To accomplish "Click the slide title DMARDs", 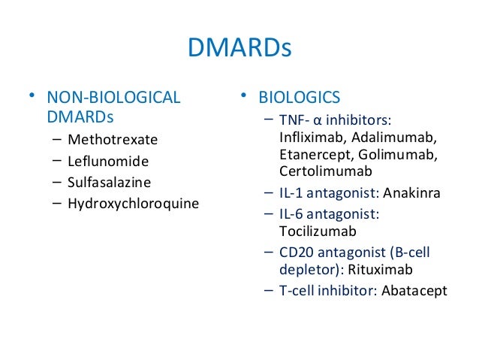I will tap(239, 50).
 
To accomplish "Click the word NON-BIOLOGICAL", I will tap(113, 98).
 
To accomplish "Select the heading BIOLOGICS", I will tap(300, 97).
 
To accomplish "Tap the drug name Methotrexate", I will tap(113, 140).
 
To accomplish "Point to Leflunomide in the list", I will tap(108, 161).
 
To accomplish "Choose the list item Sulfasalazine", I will tap(109, 181).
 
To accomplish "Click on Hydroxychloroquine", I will tap(133, 202).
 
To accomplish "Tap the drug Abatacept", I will tap(414, 291).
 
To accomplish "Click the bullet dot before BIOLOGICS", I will tap(244, 95).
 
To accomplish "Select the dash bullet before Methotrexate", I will tap(59, 139).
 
